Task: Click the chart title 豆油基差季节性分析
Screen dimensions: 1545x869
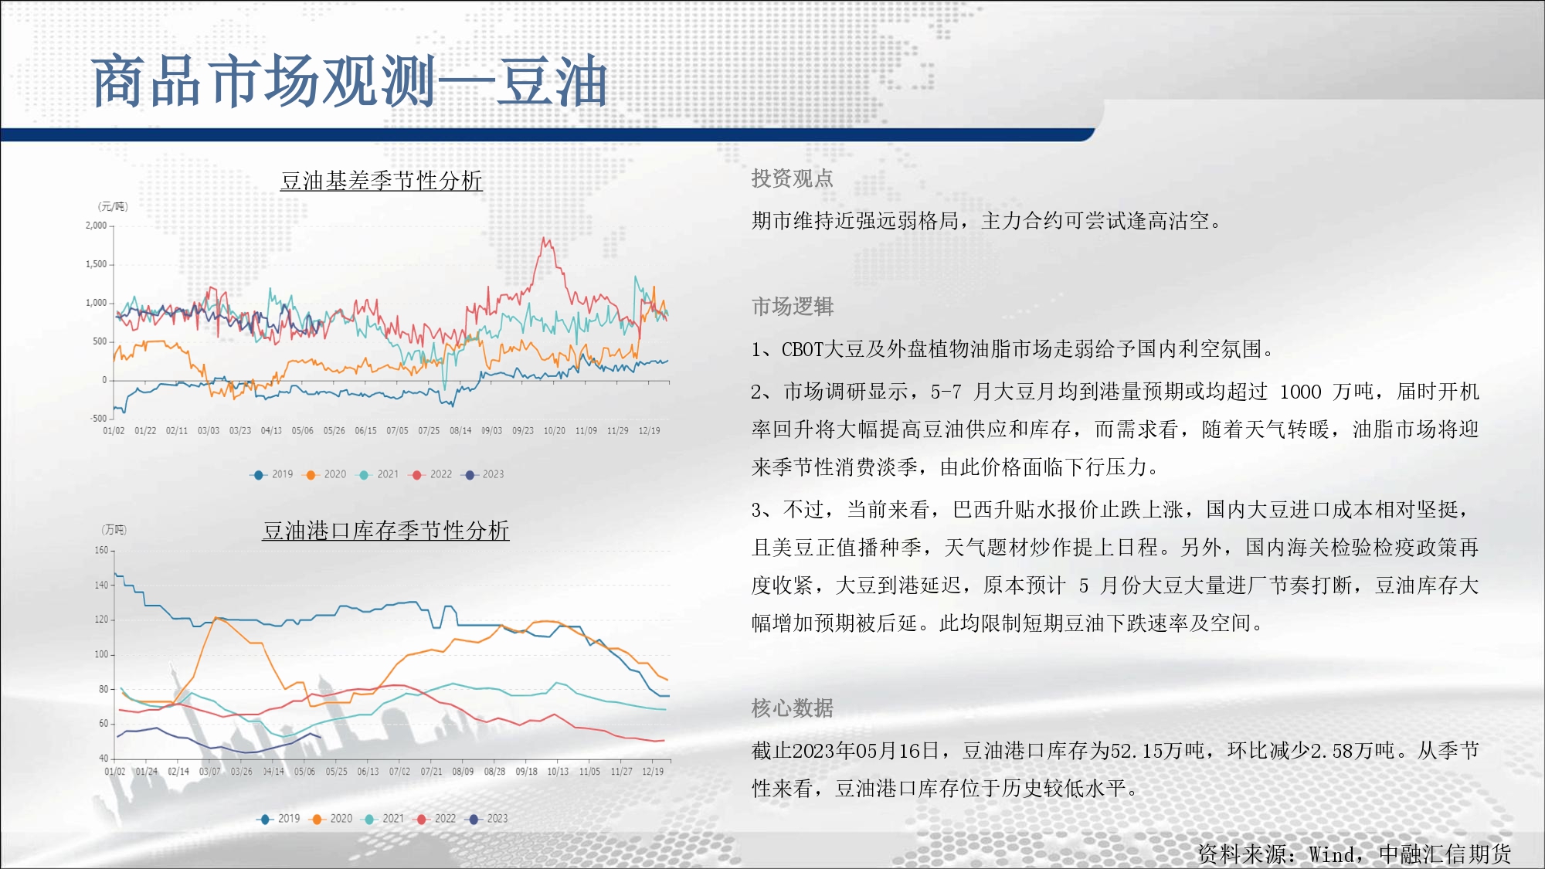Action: [382, 181]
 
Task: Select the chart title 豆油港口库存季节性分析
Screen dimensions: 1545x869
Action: [385, 531]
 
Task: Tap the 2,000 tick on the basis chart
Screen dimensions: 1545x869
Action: [97, 226]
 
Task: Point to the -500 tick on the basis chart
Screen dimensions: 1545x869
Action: [99, 419]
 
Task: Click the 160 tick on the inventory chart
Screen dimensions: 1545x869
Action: [101, 551]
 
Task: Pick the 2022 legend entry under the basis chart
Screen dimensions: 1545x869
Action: [432, 474]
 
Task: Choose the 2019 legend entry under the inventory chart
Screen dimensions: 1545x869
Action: [279, 819]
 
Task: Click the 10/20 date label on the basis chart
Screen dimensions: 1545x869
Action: [555, 431]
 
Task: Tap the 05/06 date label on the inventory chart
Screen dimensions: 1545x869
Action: [304, 772]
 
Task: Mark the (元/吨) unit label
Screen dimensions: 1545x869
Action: [113, 206]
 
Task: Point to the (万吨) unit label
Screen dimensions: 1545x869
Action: [114, 530]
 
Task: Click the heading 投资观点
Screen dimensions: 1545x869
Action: [793, 178]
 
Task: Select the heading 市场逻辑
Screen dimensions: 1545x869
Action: [793, 307]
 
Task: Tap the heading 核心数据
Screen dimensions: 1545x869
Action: [793, 708]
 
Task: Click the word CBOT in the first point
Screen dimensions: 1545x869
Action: [803, 350]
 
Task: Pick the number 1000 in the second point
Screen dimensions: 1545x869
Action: [1301, 392]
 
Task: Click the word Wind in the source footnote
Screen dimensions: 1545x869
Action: [1331, 854]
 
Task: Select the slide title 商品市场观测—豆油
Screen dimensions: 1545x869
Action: [349, 81]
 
